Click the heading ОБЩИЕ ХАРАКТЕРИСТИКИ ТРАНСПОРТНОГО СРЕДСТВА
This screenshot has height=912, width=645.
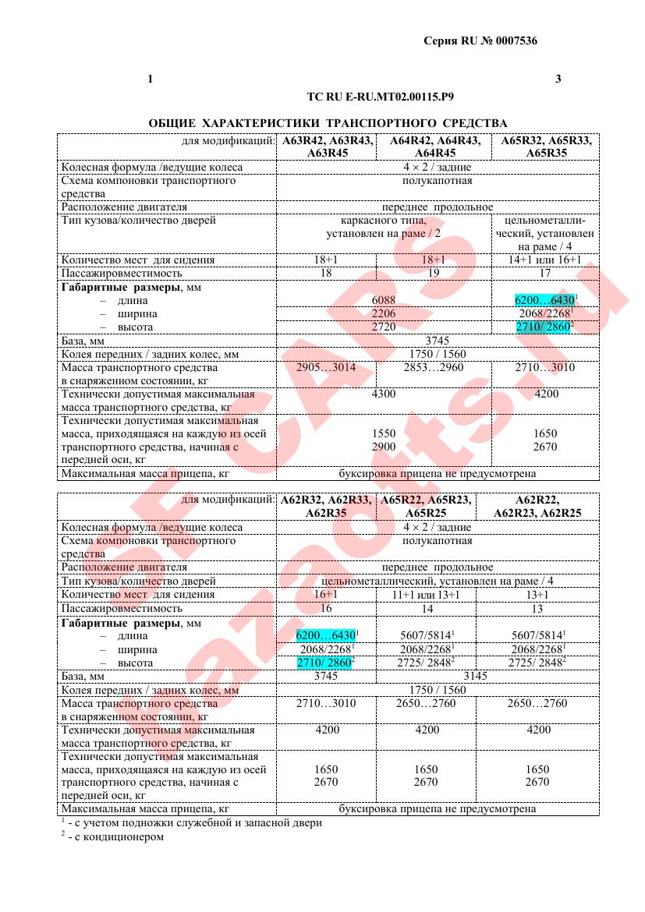328,123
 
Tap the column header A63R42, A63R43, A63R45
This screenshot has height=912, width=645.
326,147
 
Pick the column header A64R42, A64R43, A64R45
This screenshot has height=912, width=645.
434,147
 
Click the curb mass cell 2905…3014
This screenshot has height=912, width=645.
326,367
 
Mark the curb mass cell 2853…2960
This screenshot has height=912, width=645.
434,367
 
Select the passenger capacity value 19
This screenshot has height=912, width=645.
434,273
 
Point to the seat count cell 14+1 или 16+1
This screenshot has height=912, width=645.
545,260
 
